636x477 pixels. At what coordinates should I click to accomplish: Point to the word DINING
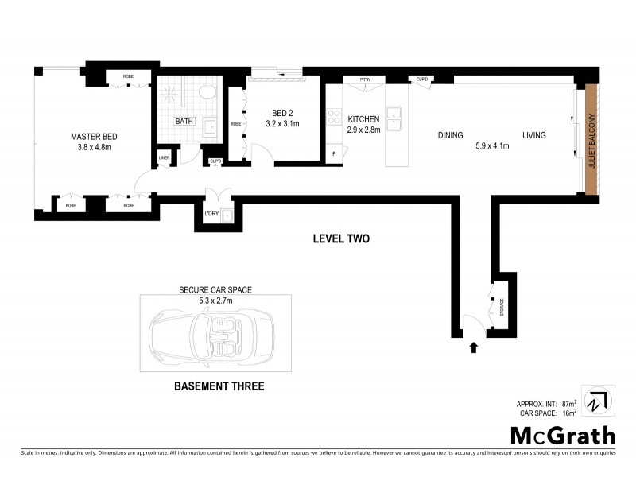[450, 136]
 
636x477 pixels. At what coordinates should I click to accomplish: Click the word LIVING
[533, 136]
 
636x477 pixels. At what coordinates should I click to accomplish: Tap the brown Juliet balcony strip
[590, 138]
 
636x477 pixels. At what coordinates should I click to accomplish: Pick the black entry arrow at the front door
[475, 347]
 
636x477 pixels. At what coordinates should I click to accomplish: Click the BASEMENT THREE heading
[218, 387]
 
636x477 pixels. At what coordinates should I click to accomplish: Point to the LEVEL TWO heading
[341, 238]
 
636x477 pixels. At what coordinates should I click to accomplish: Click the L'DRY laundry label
[211, 213]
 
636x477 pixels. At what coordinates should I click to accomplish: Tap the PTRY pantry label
[366, 79]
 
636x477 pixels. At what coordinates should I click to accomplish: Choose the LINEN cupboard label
[165, 157]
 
